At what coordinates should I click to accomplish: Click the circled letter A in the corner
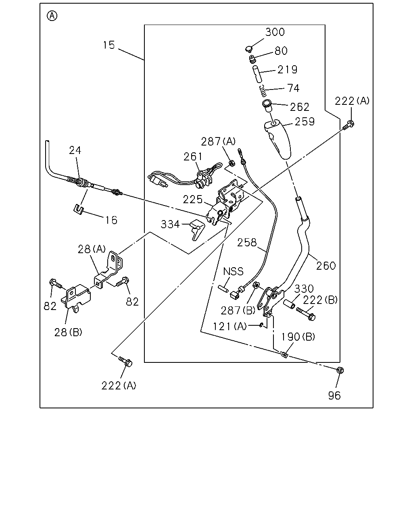click(x=52, y=16)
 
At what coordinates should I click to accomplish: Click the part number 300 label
click(x=275, y=32)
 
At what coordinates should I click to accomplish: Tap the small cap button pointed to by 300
click(x=249, y=49)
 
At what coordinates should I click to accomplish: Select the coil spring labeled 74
click(x=263, y=91)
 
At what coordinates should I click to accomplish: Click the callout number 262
click(x=300, y=107)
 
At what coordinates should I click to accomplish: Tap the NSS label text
click(x=233, y=272)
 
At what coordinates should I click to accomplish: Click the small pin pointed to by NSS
click(x=223, y=289)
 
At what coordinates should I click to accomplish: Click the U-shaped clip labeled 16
click(x=78, y=209)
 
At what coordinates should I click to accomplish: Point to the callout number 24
click(x=75, y=150)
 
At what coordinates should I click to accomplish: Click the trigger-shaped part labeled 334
click(x=197, y=229)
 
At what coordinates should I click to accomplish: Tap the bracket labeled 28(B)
click(x=76, y=298)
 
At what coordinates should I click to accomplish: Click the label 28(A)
click(x=92, y=250)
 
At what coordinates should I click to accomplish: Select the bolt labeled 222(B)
click(x=306, y=314)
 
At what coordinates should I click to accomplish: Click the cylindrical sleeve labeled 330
click(x=289, y=304)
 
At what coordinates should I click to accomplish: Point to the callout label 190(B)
click(x=298, y=337)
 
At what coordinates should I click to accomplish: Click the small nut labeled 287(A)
click(x=232, y=164)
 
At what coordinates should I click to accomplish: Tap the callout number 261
click(x=193, y=157)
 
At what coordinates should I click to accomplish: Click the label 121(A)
click(x=229, y=326)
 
